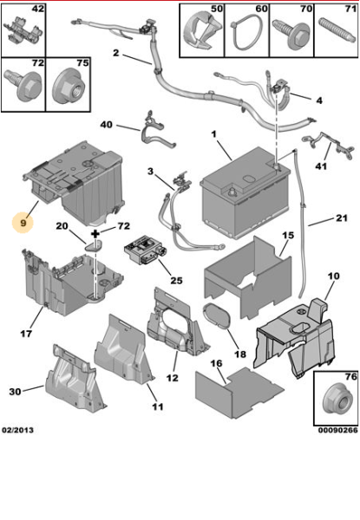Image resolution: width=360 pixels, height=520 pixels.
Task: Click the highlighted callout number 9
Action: [23, 223]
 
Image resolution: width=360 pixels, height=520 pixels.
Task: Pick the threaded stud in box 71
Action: [336, 31]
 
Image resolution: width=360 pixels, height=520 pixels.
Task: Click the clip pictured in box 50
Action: [202, 30]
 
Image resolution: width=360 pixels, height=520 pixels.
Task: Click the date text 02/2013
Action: [18, 430]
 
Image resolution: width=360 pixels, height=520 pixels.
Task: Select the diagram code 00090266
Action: [338, 430]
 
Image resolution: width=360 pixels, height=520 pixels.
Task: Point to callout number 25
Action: [176, 281]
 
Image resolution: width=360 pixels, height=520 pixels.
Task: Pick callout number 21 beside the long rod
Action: [342, 218]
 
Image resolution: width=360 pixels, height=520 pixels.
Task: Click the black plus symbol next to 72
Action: [95, 234]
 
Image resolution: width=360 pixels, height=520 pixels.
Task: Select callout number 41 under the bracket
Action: [321, 166]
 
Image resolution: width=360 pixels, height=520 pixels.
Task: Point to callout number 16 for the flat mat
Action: [216, 363]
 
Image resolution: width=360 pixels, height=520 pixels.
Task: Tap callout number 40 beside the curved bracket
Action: [106, 125]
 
